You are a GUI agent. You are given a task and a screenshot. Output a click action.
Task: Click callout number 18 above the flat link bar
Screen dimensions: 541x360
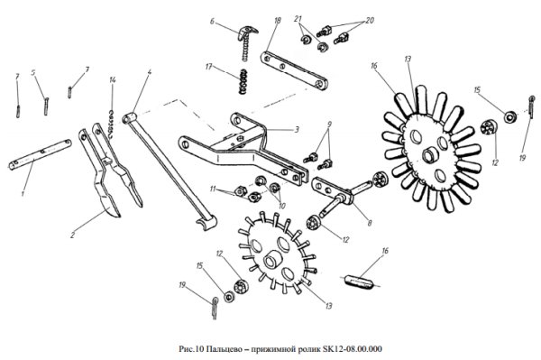(x=278, y=21)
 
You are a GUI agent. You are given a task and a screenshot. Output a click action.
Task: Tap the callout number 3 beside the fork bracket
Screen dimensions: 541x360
(x=297, y=130)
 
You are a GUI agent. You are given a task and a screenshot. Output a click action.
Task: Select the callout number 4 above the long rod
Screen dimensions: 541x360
(x=149, y=72)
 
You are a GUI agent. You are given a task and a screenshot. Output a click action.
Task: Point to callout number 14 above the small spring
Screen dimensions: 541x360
(x=113, y=80)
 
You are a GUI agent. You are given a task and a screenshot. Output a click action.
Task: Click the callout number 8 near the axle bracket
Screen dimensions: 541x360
(x=370, y=223)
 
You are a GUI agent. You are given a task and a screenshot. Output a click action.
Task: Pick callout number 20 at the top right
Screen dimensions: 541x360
(x=370, y=21)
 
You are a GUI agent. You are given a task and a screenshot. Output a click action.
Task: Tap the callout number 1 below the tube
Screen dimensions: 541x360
(x=23, y=194)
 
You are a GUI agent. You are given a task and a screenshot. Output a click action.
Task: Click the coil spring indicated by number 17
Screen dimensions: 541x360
(x=243, y=81)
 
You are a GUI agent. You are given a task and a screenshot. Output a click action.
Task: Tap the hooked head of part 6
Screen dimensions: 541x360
(x=247, y=31)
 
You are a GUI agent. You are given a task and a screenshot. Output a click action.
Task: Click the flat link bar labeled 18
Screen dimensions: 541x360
(x=294, y=70)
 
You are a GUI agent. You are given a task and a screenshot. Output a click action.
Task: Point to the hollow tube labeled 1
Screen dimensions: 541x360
(x=40, y=154)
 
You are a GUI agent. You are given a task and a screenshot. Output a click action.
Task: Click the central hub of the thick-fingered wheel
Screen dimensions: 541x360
(x=430, y=154)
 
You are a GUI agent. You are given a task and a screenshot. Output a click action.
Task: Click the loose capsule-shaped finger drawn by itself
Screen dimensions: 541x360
(x=360, y=280)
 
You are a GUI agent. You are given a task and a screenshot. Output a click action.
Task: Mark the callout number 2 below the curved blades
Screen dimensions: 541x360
(x=72, y=235)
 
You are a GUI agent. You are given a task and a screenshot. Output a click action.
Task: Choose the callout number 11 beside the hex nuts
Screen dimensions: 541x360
(x=213, y=189)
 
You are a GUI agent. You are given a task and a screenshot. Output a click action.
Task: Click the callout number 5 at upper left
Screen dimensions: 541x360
(x=33, y=73)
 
